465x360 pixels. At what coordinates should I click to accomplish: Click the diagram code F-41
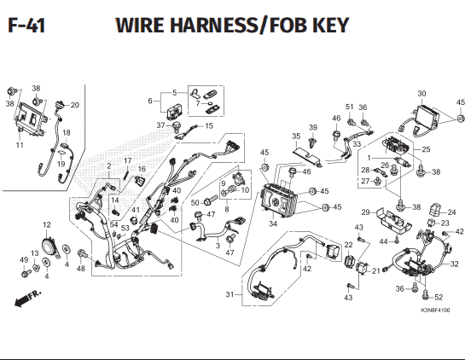[26, 26]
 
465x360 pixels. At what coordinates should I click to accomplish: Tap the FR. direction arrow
[28, 299]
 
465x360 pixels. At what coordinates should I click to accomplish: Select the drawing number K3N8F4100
[435, 311]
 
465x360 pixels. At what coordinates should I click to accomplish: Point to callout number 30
[421, 93]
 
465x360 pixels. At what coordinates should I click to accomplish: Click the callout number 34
[272, 224]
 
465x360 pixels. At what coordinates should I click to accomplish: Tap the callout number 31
[230, 294]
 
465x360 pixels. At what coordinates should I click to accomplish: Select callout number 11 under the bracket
[20, 145]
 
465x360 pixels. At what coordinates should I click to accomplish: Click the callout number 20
[75, 105]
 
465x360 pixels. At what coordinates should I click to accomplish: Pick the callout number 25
[426, 149]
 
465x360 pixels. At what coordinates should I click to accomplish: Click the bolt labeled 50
[209, 201]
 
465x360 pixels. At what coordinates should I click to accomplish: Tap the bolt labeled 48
[82, 253]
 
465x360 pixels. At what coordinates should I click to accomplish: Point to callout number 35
[296, 136]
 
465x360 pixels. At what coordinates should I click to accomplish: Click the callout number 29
[366, 212]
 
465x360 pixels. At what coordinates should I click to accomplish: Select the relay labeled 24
[435, 210]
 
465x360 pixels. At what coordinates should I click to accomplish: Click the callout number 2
[109, 166]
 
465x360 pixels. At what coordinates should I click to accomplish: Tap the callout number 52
[439, 297]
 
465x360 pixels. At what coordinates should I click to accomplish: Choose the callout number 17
[127, 160]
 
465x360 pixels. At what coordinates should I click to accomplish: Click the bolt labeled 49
[26, 272]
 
